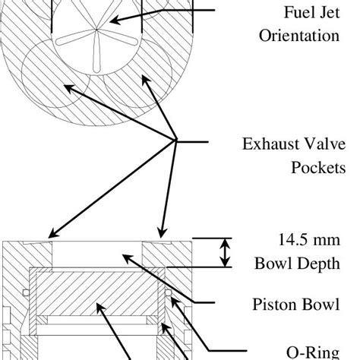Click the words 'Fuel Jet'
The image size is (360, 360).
(x=312, y=13)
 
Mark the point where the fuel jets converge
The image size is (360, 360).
(x=97, y=30)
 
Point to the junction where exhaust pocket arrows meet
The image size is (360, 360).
(x=176, y=140)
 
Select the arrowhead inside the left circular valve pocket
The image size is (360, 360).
(x=67, y=87)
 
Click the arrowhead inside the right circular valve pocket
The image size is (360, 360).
(x=144, y=77)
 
